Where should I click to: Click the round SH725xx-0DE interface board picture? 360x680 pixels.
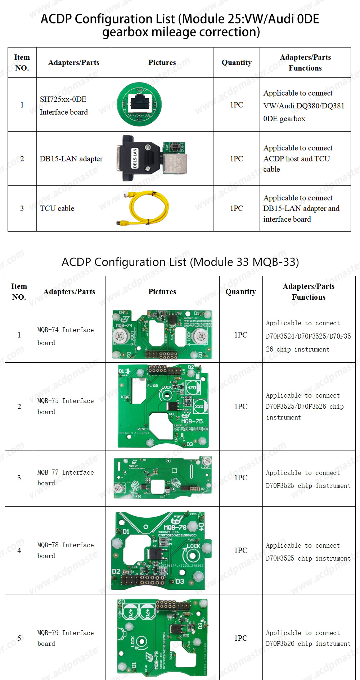click(139, 104)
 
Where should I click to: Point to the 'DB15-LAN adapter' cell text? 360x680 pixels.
click(71, 159)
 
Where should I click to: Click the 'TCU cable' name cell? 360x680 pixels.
click(57, 208)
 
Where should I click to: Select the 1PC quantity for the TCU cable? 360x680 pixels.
click(237, 208)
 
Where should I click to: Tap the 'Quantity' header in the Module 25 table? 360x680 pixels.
click(237, 63)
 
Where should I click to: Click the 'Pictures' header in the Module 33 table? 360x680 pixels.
click(162, 292)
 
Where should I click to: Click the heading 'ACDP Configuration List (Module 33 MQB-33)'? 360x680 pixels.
click(180, 262)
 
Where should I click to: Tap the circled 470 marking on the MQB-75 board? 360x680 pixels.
click(192, 387)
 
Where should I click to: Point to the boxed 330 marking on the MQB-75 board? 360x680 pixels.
click(199, 406)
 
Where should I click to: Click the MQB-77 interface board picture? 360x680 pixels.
click(162, 478)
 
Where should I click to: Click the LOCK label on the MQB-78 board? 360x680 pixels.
click(193, 546)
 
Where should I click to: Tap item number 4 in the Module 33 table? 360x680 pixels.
click(19, 550)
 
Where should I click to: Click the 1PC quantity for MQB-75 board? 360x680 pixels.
click(240, 406)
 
